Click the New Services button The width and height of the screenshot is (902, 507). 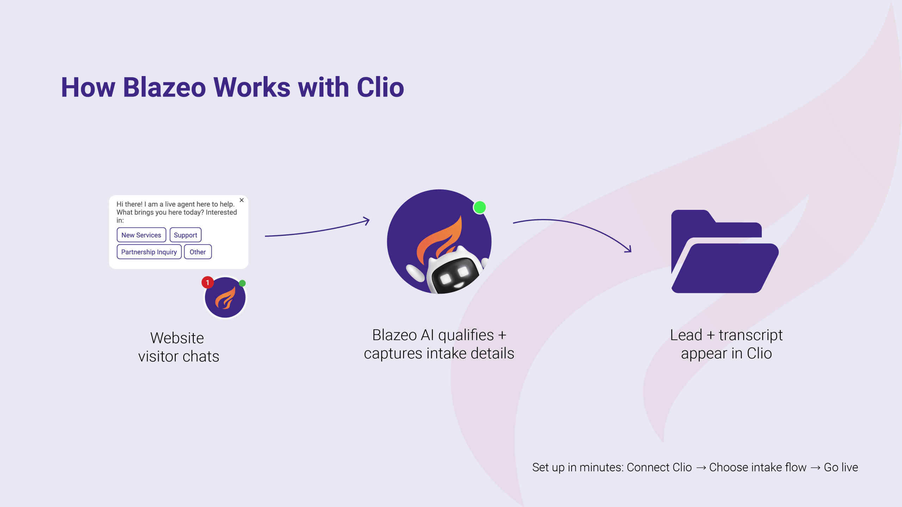pyautogui.click(x=141, y=235)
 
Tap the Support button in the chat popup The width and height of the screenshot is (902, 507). pyautogui.click(x=185, y=235)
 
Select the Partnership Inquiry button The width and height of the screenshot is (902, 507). pyautogui.click(x=149, y=252)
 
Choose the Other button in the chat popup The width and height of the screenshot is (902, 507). pyautogui.click(x=198, y=252)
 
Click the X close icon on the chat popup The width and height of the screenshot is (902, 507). pyautogui.click(x=242, y=200)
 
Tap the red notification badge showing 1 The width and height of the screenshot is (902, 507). pyautogui.click(x=208, y=282)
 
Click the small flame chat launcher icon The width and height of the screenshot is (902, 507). pyautogui.click(x=225, y=298)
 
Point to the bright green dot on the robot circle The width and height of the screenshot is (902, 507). pyautogui.click(x=480, y=207)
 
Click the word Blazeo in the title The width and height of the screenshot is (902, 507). pyautogui.click(x=164, y=87)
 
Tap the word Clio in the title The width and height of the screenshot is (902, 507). pyautogui.click(x=380, y=87)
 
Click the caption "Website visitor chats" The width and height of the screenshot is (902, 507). pyautogui.click(x=179, y=347)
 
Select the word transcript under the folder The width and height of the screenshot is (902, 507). pyautogui.click(x=750, y=335)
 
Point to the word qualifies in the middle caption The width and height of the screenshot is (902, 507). pyautogui.click(x=466, y=335)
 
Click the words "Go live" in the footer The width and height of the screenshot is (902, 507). pyautogui.click(x=841, y=467)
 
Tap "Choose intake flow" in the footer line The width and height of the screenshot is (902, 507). pyautogui.click(x=758, y=467)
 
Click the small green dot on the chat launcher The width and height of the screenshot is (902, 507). pyautogui.click(x=242, y=283)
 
